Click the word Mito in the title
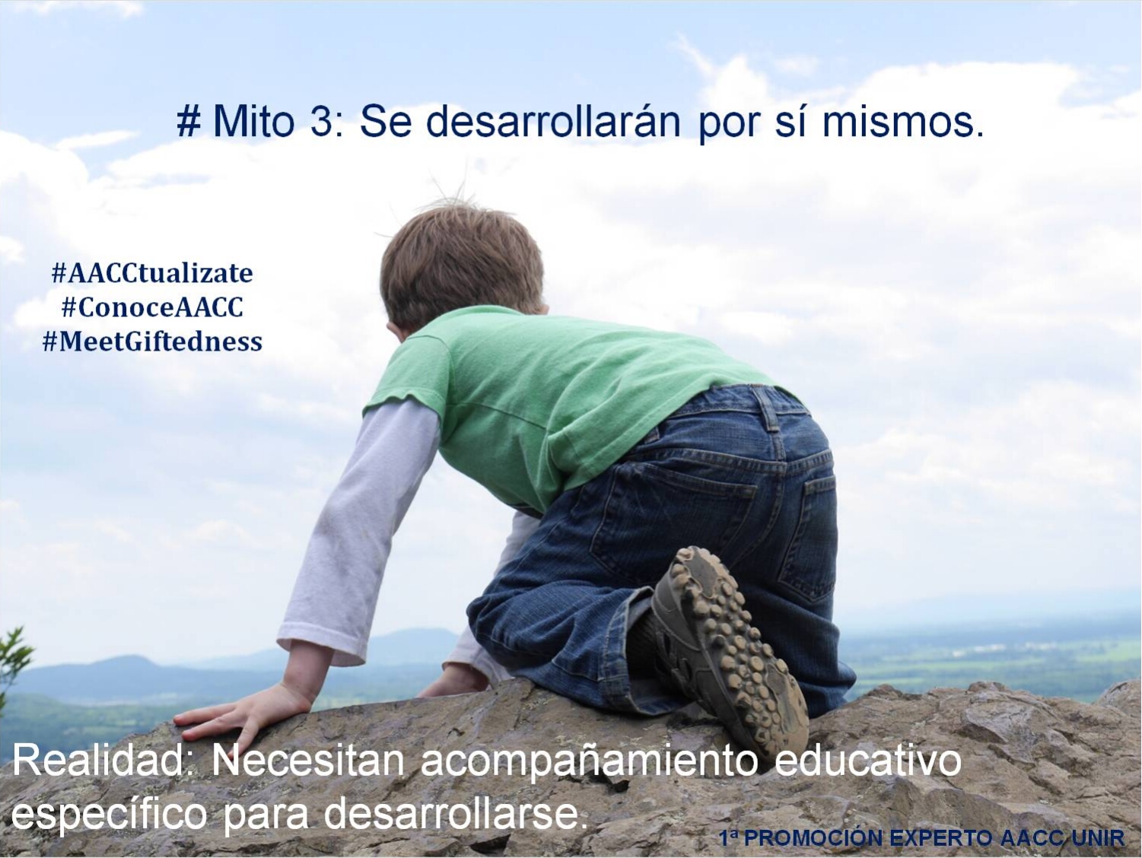[x=253, y=122]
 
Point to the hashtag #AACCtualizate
[x=152, y=273]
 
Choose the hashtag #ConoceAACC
[x=152, y=307]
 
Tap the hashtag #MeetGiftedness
[x=152, y=342]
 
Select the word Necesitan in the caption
[x=308, y=761]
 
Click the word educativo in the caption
[x=867, y=761]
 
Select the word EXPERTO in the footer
[x=941, y=838]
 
